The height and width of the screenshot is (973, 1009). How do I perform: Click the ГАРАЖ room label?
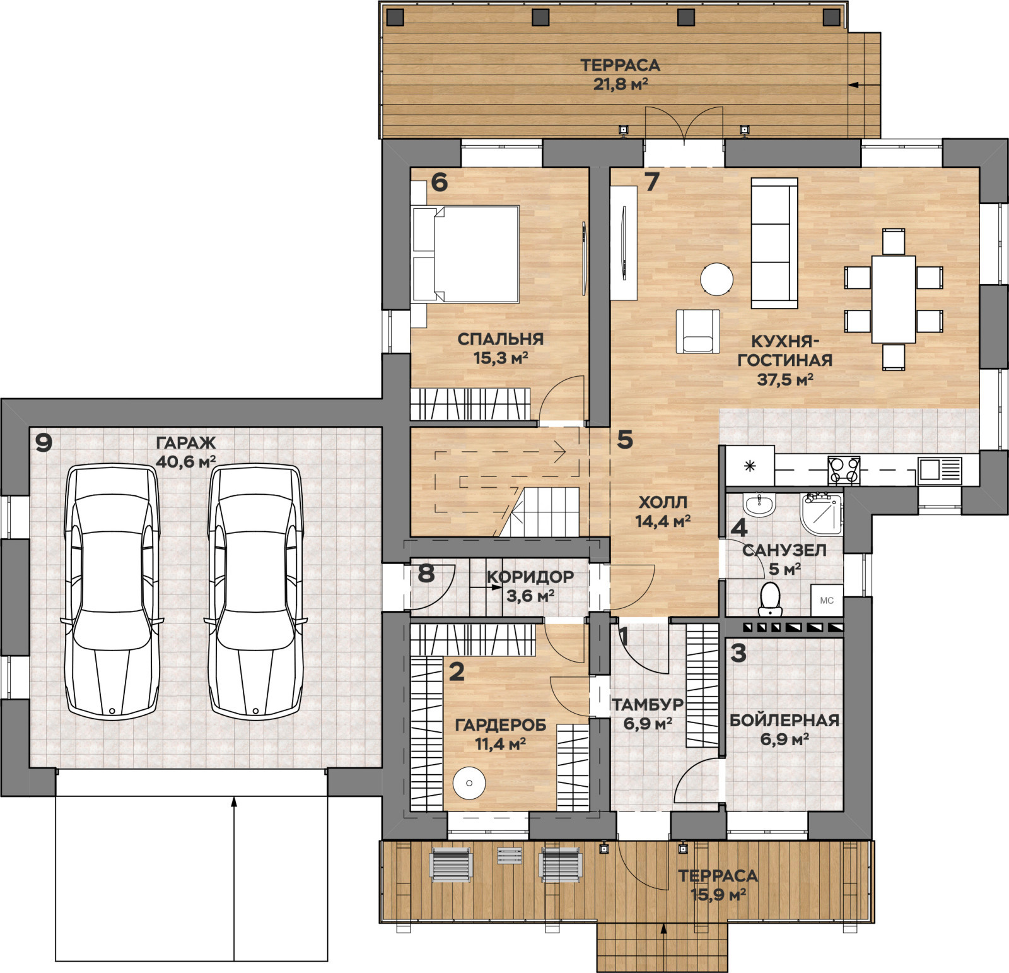point(185,443)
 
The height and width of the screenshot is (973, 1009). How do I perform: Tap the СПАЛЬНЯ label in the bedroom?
point(500,339)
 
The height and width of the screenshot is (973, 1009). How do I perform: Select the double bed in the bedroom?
point(465,254)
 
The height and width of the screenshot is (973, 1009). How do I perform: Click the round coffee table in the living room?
point(717,279)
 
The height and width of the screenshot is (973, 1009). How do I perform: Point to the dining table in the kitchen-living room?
point(894,298)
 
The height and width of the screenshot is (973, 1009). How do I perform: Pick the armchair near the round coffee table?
point(697,331)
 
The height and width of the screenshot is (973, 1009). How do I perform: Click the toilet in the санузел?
point(770,598)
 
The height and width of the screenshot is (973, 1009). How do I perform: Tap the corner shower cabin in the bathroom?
point(822,512)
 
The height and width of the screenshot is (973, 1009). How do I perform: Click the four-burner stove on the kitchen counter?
point(844,470)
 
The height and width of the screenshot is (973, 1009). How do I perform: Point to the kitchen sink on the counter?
point(939,470)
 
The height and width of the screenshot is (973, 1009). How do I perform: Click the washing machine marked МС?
point(827,600)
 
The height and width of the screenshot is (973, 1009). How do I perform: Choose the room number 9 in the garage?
point(44,443)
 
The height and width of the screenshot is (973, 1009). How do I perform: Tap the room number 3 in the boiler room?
point(738,653)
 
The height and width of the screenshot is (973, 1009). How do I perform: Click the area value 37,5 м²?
point(784,379)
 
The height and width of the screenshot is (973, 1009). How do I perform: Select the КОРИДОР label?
point(530,576)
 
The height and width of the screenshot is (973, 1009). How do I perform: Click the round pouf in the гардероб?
point(469,783)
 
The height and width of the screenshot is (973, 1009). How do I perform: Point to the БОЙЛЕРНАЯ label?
point(784,720)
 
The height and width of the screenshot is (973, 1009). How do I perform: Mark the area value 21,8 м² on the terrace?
point(621,84)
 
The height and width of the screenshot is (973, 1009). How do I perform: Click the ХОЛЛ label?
point(663,502)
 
